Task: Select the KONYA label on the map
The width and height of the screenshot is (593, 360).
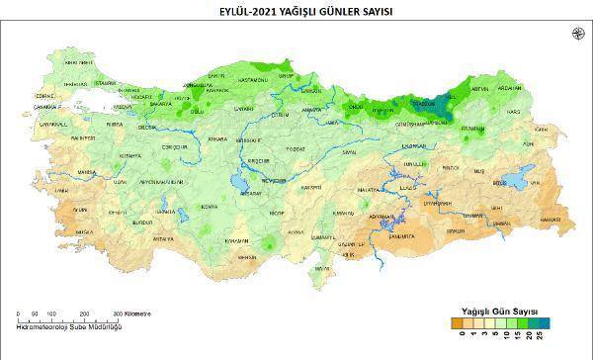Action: coord(209,206)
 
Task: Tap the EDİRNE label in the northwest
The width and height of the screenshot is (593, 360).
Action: coord(45,95)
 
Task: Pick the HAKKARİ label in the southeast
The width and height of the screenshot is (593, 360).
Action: coord(551,219)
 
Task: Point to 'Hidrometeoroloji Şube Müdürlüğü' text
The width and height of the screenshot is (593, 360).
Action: coord(70,326)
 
